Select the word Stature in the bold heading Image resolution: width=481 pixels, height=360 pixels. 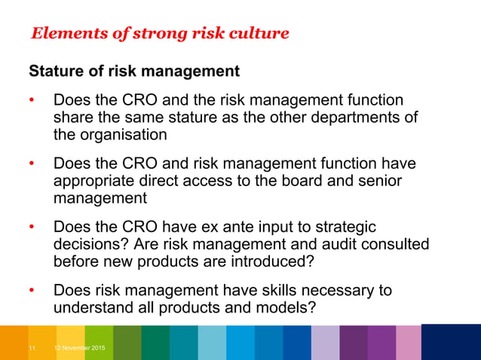(57, 72)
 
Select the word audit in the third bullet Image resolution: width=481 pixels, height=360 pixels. (309, 245)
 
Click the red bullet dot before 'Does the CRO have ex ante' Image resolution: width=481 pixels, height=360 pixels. (32, 228)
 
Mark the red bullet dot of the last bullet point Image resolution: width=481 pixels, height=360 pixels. (32, 291)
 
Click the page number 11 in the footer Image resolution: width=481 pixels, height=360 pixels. (32, 348)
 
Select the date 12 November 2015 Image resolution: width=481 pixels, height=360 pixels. (79, 348)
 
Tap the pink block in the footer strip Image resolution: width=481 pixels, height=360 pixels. (408, 343)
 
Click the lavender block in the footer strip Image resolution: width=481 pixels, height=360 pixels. (324, 343)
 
